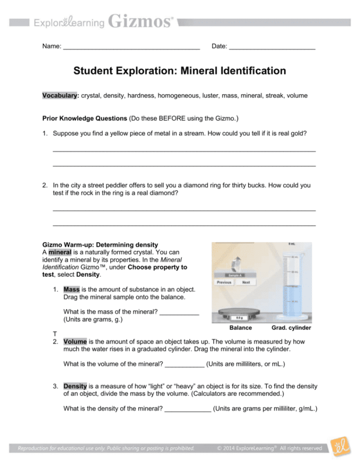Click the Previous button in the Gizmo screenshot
click(x=224, y=282)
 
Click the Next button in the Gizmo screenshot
click(x=246, y=282)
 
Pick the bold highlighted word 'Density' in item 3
click(x=76, y=386)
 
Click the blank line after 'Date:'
click(x=272, y=47)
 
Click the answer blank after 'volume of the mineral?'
click(x=185, y=364)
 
